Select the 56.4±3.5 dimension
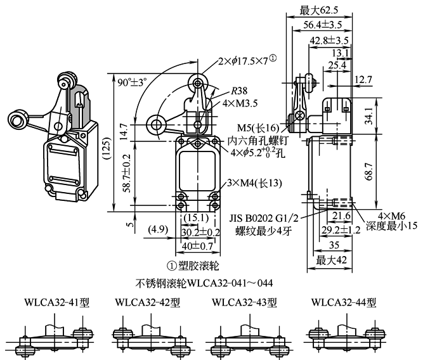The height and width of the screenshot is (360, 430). (322, 25)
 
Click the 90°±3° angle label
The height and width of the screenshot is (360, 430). (132, 82)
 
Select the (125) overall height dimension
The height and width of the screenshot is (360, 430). (117, 147)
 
